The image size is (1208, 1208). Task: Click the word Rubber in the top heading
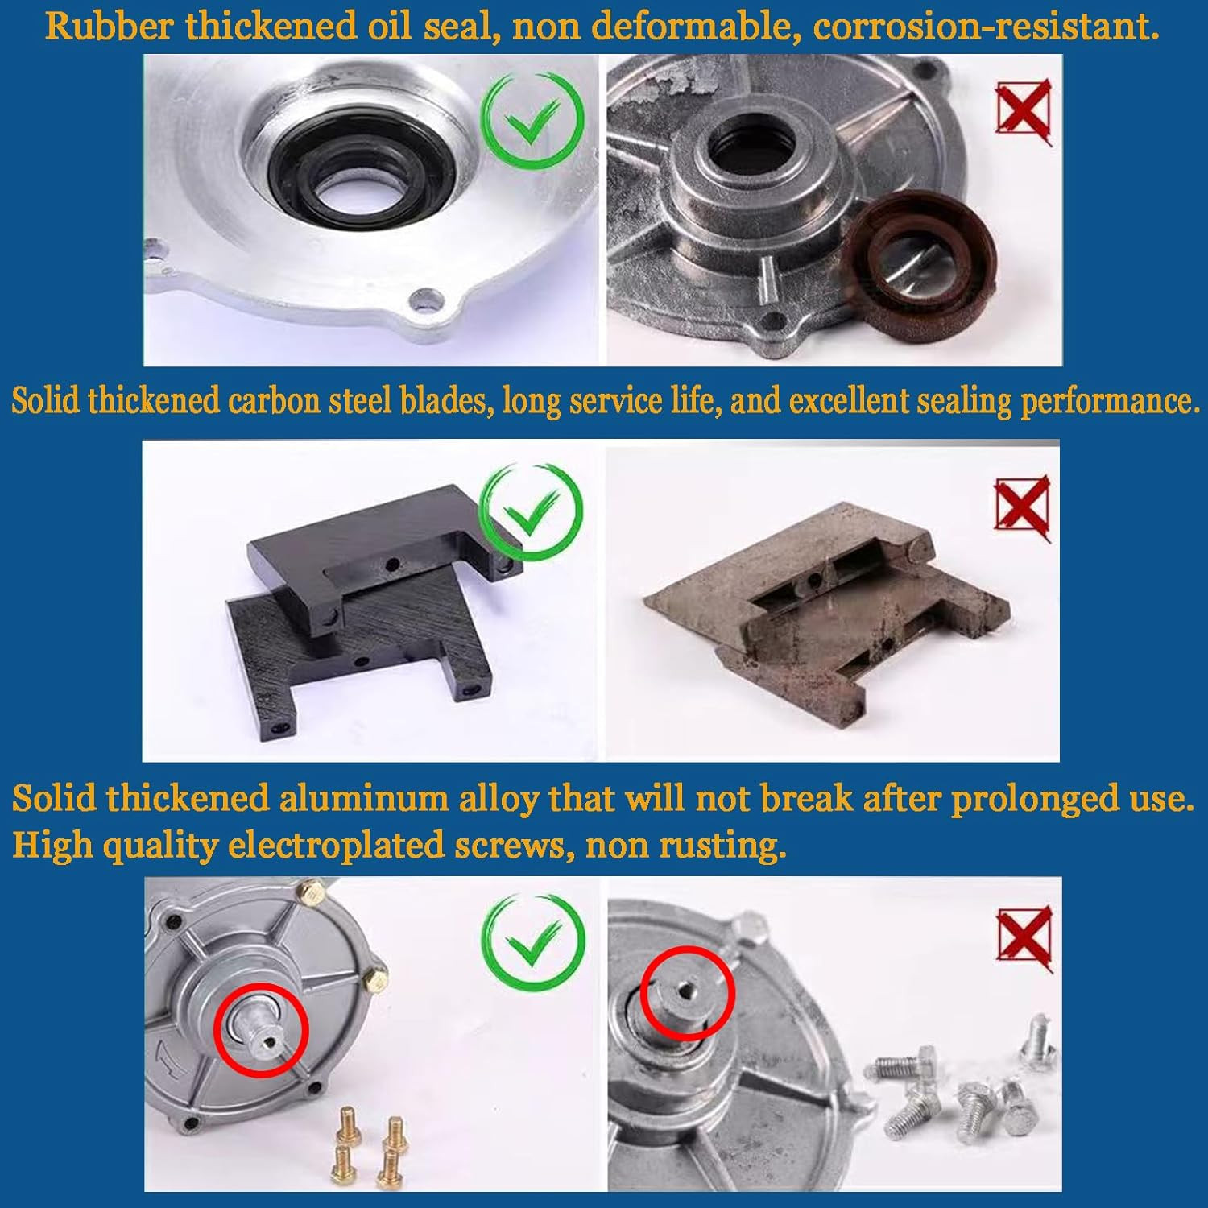tap(109, 26)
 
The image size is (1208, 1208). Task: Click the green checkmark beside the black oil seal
tap(532, 120)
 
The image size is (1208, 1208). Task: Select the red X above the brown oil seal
tap(1024, 110)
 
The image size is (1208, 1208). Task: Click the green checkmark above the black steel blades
tap(531, 512)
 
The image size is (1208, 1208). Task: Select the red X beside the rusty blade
tap(1023, 507)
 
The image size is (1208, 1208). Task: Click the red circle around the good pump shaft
tap(261, 1030)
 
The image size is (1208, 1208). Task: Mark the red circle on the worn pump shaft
tap(688, 993)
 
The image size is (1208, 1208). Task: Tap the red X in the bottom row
tap(1024, 937)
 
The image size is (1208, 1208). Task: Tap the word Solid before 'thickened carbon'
tap(45, 400)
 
